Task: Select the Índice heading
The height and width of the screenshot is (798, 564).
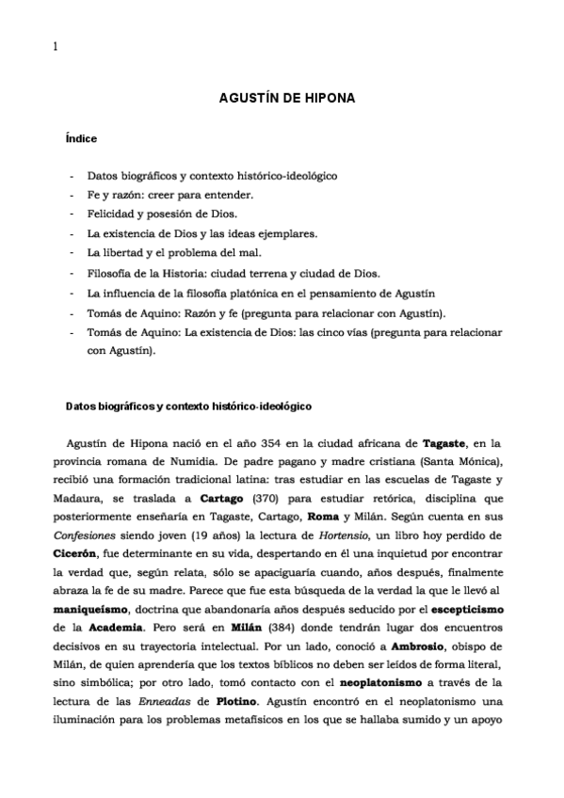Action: tap(81, 138)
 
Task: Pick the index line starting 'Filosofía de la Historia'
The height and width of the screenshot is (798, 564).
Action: tap(234, 273)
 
